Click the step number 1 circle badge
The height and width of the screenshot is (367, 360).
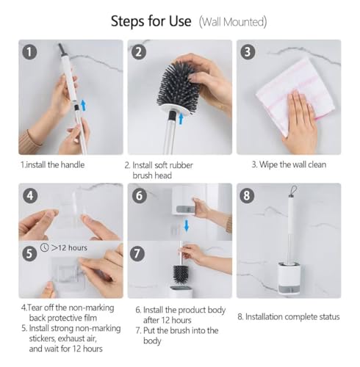click(29, 52)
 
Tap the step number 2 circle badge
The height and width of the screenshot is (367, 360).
click(139, 52)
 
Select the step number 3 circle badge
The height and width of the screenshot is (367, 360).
click(248, 52)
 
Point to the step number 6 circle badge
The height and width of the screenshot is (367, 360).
click(140, 196)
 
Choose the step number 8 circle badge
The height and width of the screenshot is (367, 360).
click(247, 196)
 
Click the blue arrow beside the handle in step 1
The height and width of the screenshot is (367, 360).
click(84, 105)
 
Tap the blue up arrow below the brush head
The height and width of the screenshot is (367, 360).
click(181, 119)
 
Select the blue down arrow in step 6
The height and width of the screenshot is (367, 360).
click(187, 225)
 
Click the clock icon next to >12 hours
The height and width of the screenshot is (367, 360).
click(45, 247)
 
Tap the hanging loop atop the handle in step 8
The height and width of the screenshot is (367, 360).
click(293, 192)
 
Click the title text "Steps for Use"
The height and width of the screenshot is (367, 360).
click(151, 21)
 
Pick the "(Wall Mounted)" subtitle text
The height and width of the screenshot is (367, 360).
click(233, 22)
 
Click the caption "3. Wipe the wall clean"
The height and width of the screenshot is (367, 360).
click(289, 164)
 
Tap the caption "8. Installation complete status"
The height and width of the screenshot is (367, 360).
click(289, 317)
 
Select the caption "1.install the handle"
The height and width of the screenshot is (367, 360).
click(53, 164)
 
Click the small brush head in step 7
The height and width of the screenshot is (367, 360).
click(181, 275)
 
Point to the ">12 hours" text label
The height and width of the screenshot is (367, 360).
click(69, 248)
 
